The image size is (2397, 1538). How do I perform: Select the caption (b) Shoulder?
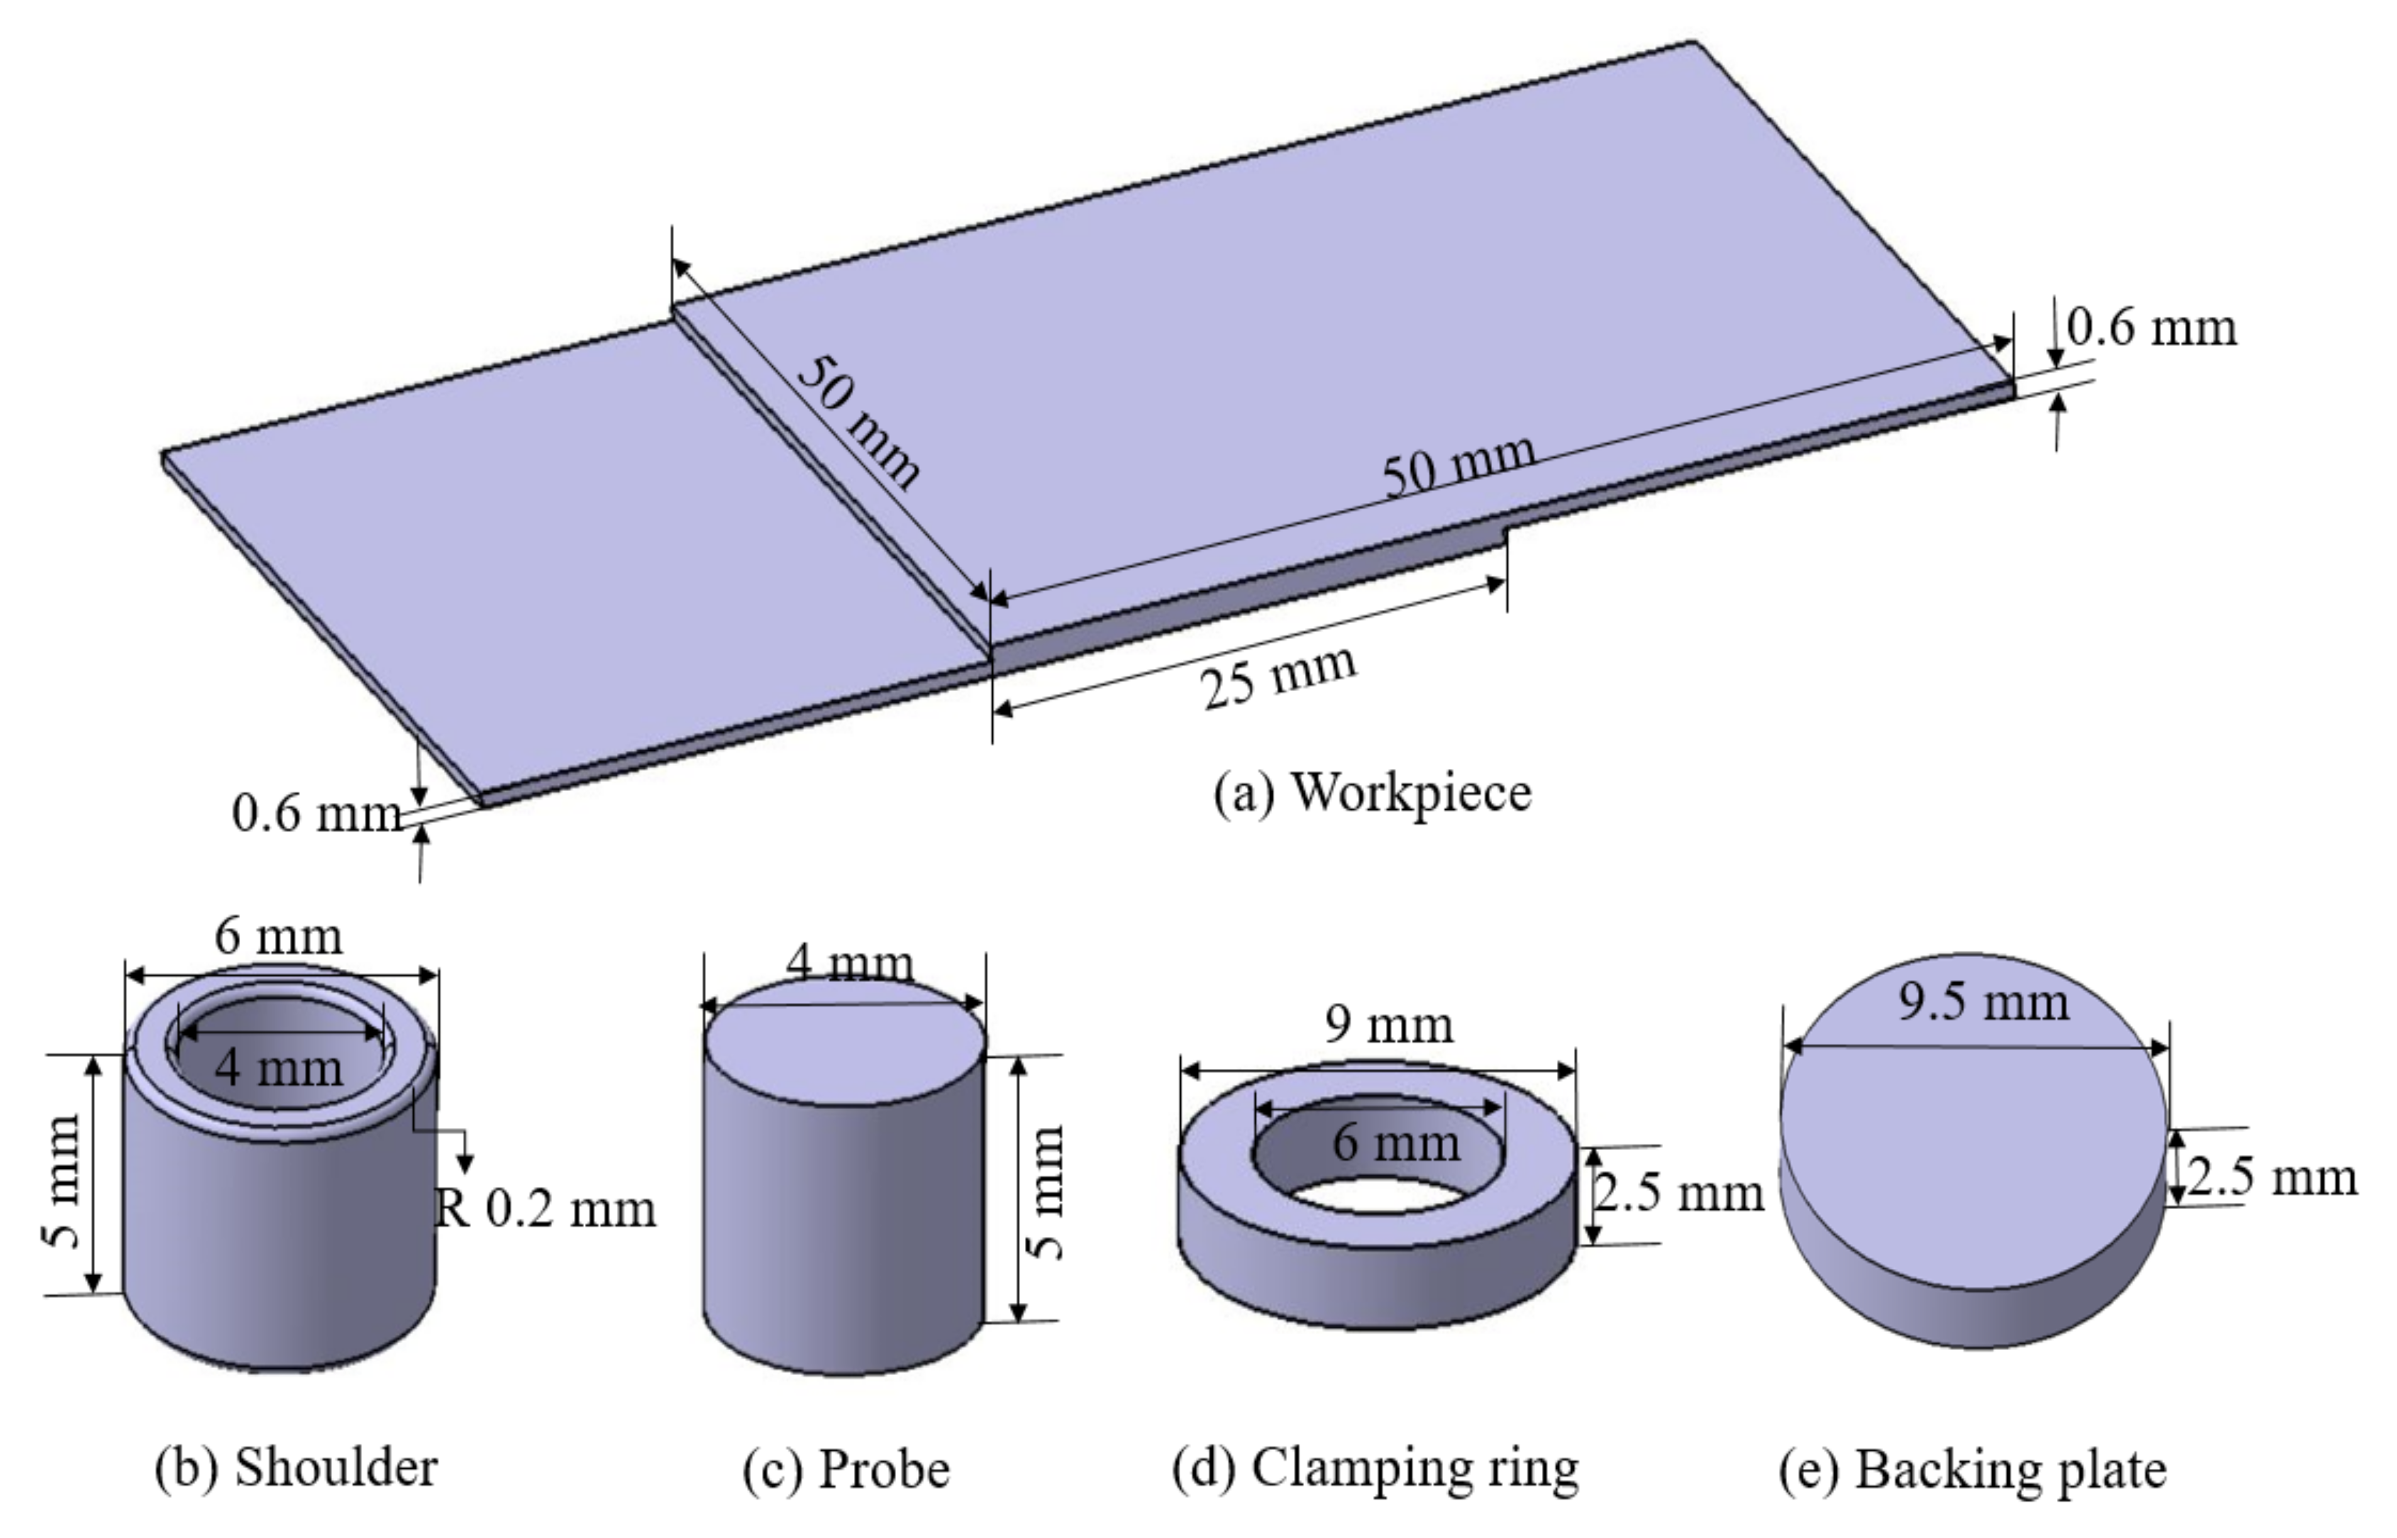[296, 1468]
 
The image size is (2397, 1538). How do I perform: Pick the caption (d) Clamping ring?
[1375, 1468]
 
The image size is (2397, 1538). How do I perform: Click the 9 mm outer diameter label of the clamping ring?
[1388, 1025]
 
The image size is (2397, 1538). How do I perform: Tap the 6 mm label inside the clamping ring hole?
[1395, 1141]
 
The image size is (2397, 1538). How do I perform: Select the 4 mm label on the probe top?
[849, 964]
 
